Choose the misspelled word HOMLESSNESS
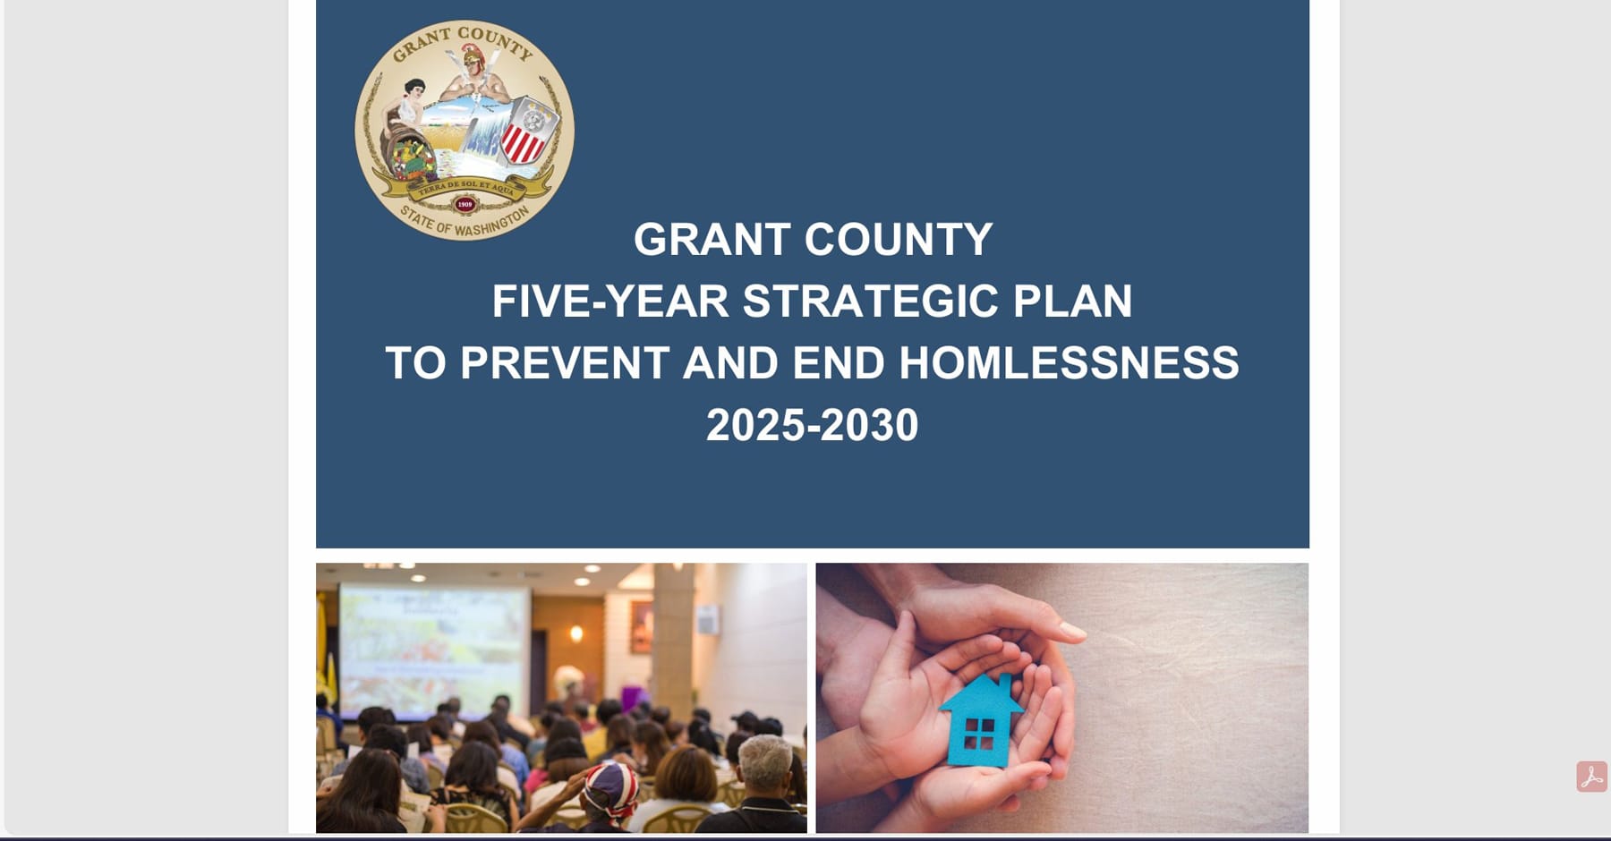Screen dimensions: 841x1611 coord(1069,363)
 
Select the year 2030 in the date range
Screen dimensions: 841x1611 coord(869,425)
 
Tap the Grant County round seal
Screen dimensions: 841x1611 coord(465,131)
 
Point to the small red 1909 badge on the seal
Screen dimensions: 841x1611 coord(465,204)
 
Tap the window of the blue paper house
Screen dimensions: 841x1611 coord(980,734)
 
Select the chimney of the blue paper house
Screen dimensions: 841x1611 coord(1007,684)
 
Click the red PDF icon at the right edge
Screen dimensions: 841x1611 coord(1591,777)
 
